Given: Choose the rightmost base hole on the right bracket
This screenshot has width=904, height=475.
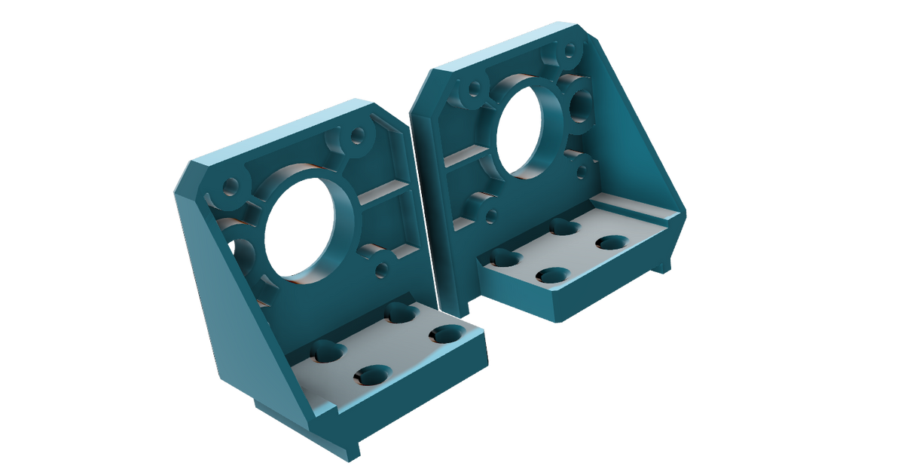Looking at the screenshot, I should [x=613, y=242].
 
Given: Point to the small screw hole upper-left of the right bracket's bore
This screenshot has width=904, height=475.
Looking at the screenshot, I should [x=474, y=89].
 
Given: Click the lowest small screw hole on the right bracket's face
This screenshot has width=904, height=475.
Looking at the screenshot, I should [x=491, y=216].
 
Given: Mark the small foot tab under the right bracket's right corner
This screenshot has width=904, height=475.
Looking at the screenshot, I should [x=663, y=265].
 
